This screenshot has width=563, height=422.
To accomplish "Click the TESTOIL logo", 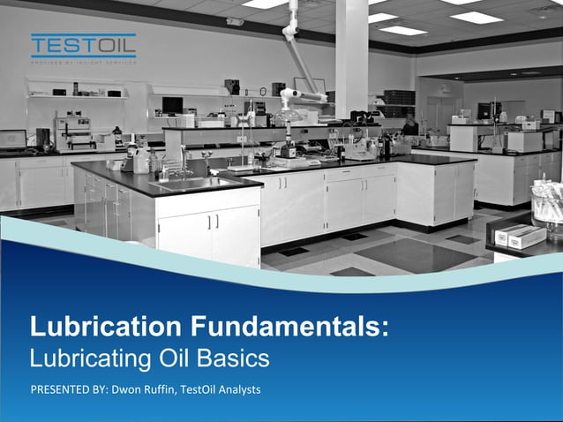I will coord(83,45).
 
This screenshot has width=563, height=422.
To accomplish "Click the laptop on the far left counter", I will coord(12,139).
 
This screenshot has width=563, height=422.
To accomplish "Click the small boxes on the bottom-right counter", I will coord(519,236).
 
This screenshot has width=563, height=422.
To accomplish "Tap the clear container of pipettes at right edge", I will coord(547,203).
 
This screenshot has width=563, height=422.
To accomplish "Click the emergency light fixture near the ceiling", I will coord(235,21).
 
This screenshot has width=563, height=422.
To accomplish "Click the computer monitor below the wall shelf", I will coord(171,105).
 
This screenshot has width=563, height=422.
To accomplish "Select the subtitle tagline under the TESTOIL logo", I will coord(83,62).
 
